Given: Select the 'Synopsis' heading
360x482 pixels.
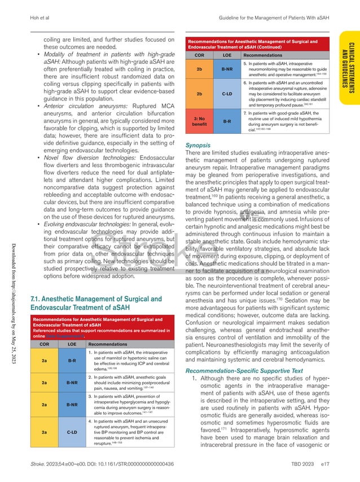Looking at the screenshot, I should coord(199,129).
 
